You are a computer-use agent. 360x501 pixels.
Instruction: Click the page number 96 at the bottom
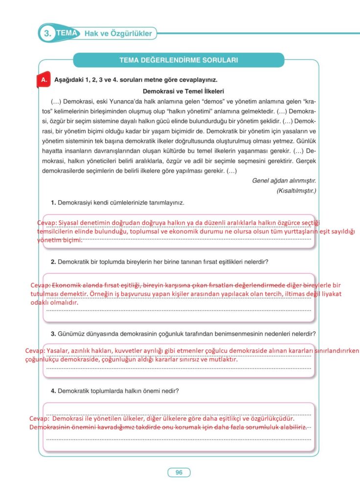point(179,472)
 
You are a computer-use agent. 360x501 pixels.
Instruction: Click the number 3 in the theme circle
point(47,34)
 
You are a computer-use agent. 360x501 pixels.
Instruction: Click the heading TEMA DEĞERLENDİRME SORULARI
point(179,60)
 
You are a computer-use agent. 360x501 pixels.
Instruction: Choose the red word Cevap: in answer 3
point(36,351)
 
